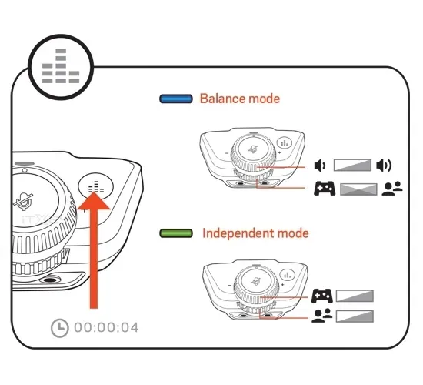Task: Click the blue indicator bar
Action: [x=176, y=99]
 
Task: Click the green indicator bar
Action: [x=176, y=233]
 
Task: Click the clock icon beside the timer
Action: [x=60, y=328]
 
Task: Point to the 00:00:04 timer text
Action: [x=106, y=328]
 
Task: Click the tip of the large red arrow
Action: [x=94, y=192]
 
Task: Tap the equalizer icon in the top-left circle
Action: [x=61, y=66]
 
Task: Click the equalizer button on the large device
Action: [x=96, y=186]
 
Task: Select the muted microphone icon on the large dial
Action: [x=24, y=201]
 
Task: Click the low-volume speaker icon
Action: [x=320, y=166]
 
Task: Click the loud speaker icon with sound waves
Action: [x=384, y=166]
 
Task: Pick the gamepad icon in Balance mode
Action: [x=325, y=189]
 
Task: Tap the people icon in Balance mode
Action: [x=392, y=189]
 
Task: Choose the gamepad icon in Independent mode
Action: [x=322, y=296]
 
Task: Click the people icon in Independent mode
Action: [x=321, y=316]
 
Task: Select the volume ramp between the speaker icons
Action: [x=352, y=165]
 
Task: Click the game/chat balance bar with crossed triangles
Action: [x=358, y=189]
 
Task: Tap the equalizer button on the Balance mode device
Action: [x=285, y=142]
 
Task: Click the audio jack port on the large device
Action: [x=48, y=280]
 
